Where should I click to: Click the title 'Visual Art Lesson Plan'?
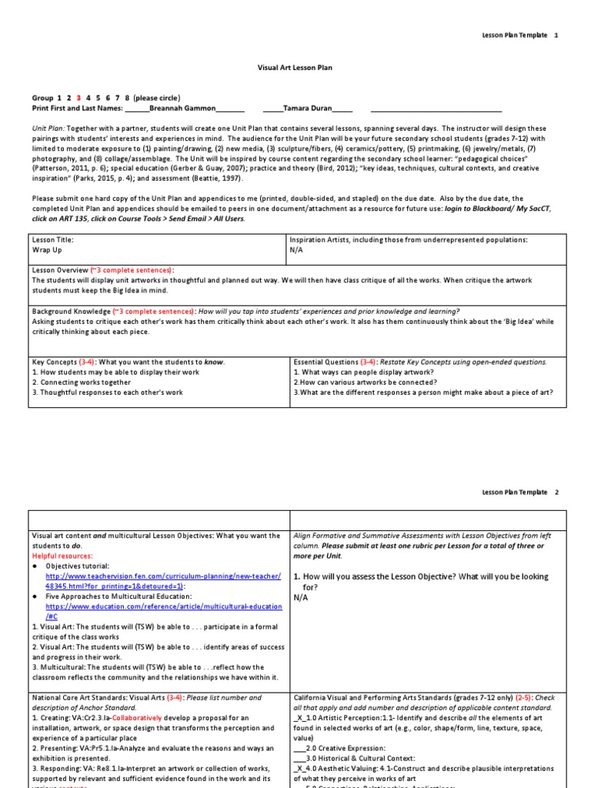[x=295, y=68]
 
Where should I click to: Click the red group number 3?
[x=78, y=98]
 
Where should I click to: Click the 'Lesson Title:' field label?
[x=53, y=240]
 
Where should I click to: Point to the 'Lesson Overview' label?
[x=60, y=270]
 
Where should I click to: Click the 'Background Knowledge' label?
[x=71, y=312]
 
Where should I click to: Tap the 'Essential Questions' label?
[x=326, y=362]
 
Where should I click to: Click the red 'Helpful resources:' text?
[x=62, y=555]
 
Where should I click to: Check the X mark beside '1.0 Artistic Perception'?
[x=300, y=717]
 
